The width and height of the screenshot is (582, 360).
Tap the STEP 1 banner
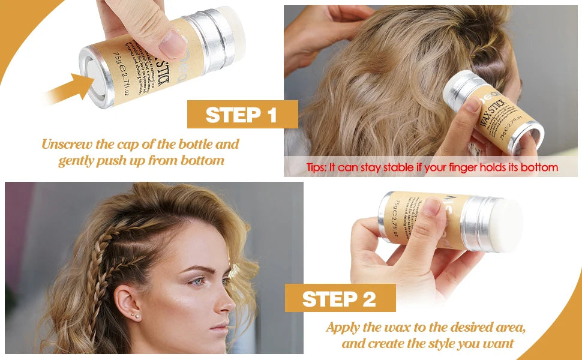tap(242, 114)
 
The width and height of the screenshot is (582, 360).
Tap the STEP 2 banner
tap(339, 298)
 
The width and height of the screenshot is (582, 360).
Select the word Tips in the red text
tap(316, 167)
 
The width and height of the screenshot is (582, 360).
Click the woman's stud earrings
tap(136, 315)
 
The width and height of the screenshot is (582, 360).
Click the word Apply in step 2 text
tap(343, 328)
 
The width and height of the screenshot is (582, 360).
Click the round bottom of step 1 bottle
tap(94, 70)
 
